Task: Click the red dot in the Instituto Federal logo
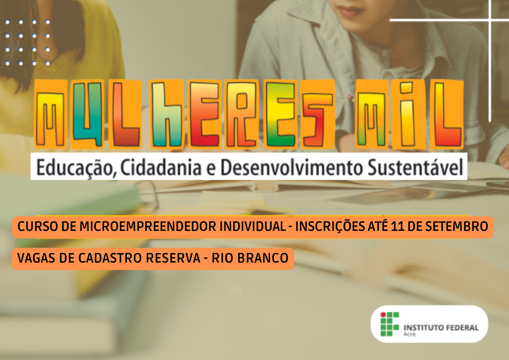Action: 383,314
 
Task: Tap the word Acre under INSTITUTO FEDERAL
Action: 410,334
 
